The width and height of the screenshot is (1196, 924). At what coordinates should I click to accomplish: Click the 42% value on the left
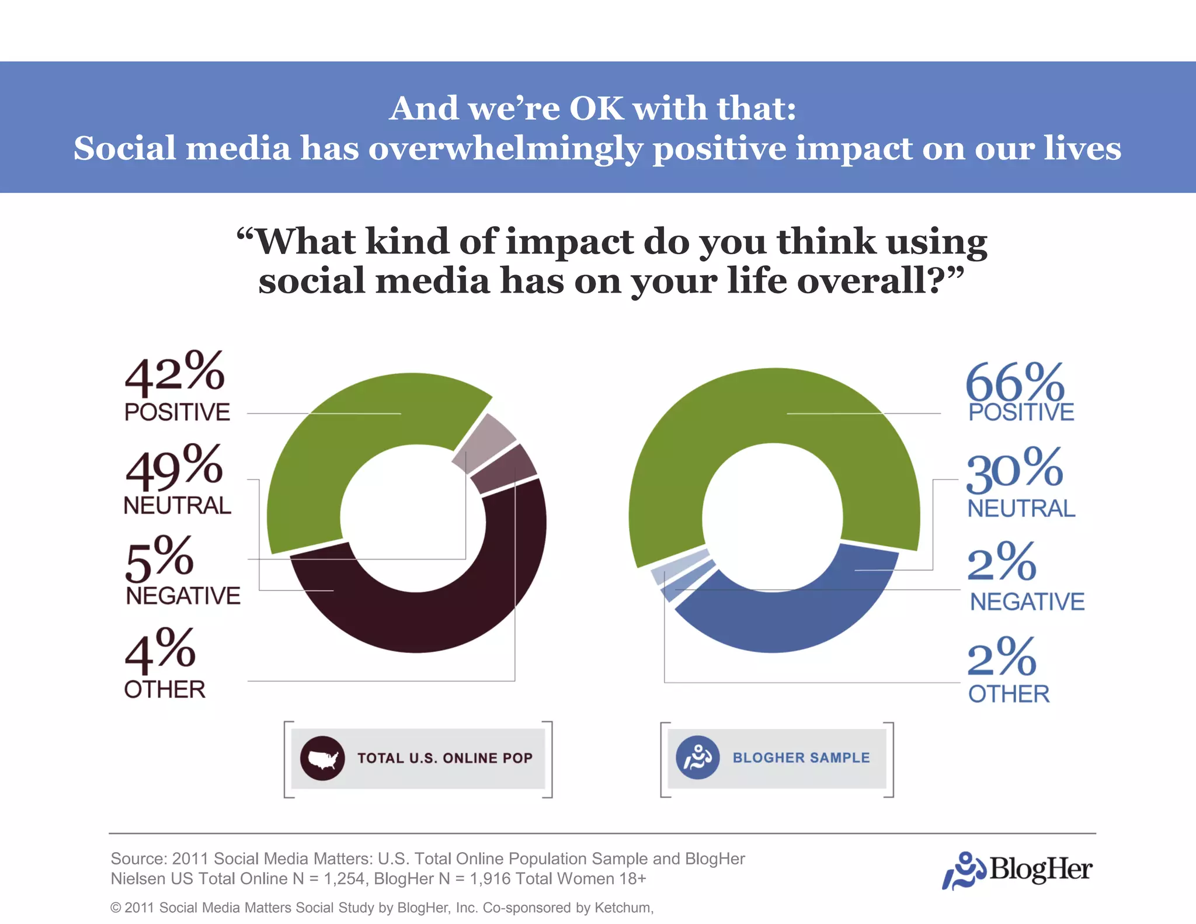click(x=174, y=374)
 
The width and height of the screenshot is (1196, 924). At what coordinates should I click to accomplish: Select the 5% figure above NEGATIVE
click(x=159, y=559)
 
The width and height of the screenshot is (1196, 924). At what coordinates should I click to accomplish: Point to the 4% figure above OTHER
click(x=160, y=651)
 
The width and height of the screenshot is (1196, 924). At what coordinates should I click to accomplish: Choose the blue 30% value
click(x=1015, y=470)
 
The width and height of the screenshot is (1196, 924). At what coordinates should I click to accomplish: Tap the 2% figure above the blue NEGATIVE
click(x=1002, y=562)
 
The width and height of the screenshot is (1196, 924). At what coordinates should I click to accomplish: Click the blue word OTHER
click(x=1009, y=694)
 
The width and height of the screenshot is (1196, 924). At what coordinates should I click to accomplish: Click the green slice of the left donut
click(x=327, y=456)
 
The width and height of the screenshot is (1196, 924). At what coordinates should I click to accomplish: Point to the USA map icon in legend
click(x=322, y=759)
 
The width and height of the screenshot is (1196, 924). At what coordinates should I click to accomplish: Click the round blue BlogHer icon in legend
click(x=697, y=758)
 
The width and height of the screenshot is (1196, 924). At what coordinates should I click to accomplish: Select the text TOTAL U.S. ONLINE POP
click(x=445, y=758)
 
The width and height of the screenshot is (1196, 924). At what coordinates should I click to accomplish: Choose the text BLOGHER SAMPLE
click(x=801, y=758)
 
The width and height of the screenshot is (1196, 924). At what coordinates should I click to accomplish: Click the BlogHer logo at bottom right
click(x=1017, y=870)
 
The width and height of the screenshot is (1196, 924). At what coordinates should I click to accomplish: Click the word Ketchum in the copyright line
click(x=623, y=908)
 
